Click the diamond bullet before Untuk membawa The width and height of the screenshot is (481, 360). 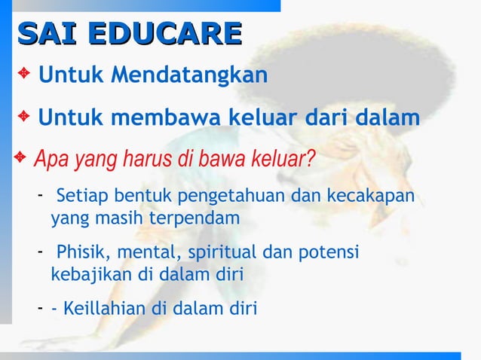[x=25, y=117]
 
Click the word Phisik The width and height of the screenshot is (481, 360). [x=82, y=251]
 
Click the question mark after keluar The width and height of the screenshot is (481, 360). [x=311, y=160]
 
